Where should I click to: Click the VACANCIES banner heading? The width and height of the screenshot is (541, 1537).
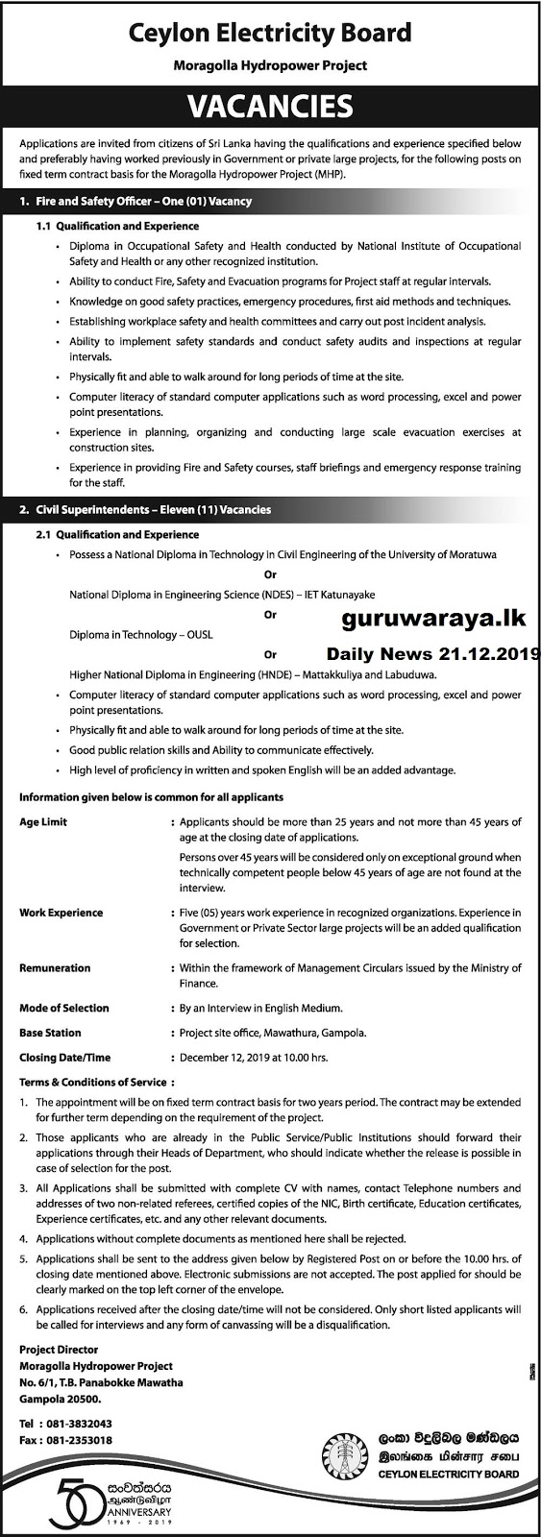(x=270, y=105)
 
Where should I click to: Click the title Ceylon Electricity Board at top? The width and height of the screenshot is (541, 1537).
(x=270, y=35)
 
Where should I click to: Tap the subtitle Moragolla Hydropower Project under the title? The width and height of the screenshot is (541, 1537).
(x=270, y=66)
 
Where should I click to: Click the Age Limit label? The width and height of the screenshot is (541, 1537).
(x=43, y=822)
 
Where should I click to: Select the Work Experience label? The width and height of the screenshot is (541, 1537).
(x=61, y=913)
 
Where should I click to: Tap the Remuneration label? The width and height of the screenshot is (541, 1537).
(x=55, y=968)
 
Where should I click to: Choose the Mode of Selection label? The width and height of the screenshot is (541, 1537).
(x=64, y=1008)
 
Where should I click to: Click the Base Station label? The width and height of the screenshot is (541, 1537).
(x=50, y=1033)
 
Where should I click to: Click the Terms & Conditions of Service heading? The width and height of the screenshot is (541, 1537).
(x=93, y=1083)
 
